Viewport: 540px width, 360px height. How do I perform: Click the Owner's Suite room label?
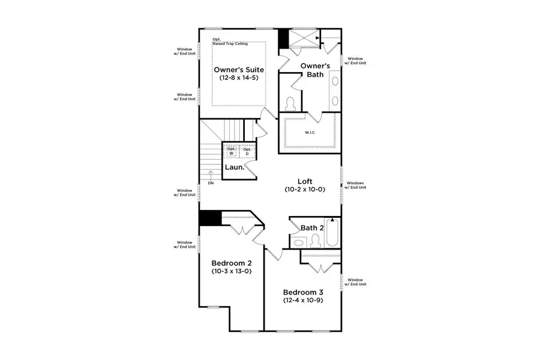pyautogui.click(x=239, y=70)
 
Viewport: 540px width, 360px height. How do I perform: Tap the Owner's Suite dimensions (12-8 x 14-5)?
pyautogui.click(x=239, y=78)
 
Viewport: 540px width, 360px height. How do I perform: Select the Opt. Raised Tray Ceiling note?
pyautogui.click(x=227, y=42)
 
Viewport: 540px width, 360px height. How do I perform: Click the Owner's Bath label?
pyautogui.click(x=312, y=70)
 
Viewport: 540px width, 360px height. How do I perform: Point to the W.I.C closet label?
pyautogui.click(x=310, y=133)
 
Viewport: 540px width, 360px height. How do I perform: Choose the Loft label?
pyautogui.click(x=305, y=181)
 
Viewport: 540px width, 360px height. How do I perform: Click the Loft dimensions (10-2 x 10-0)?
pyautogui.click(x=305, y=190)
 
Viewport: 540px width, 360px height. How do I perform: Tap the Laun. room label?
pyautogui.click(x=235, y=167)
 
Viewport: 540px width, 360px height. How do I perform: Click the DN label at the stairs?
pyautogui.click(x=210, y=183)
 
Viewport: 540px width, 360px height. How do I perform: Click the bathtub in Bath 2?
pyautogui.click(x=332, y=233)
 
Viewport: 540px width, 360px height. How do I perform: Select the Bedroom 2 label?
pyautogui.click(x=232, y=263)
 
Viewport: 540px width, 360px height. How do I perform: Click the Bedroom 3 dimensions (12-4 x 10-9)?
pyautogui.click(x=303, y=300)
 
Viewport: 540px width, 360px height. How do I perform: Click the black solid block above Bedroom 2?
pyautogui.click(x=210, y=218)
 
